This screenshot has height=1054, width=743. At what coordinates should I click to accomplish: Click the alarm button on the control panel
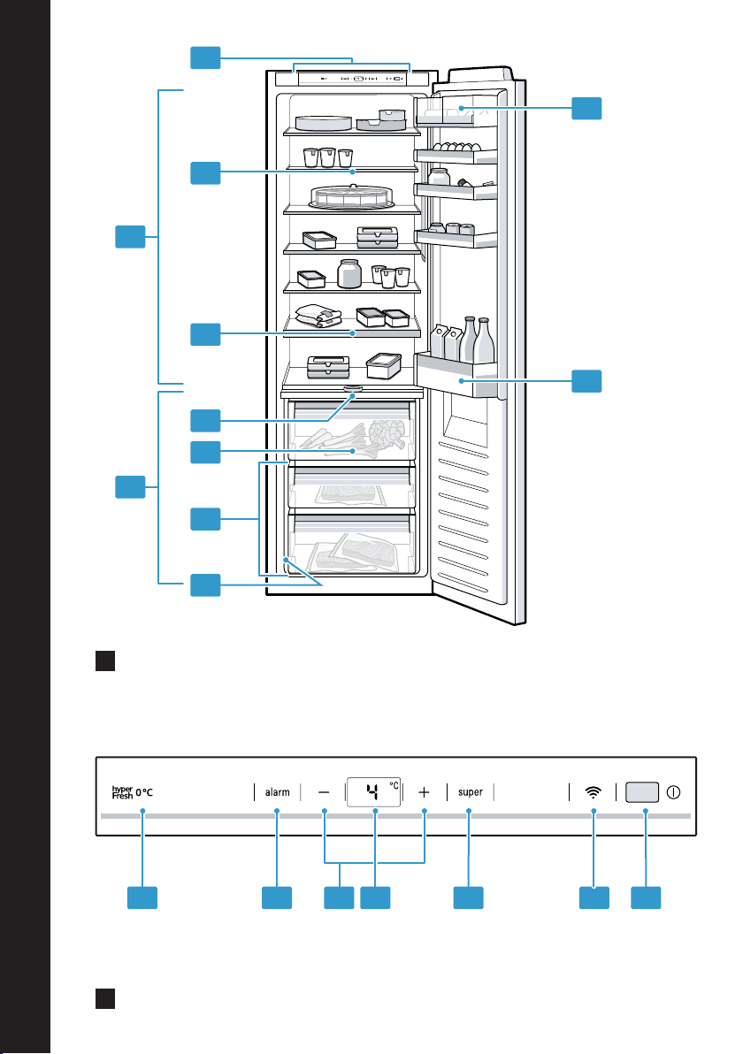click(x=277, y=792)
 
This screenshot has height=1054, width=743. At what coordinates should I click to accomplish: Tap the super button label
click(x=470, y=792)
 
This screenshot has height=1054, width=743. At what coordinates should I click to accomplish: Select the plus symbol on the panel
click(x=424, y=792)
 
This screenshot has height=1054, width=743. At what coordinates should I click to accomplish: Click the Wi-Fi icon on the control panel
click(x=593, y=792)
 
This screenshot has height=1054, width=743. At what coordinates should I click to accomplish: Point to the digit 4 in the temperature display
click(x=373, y=792)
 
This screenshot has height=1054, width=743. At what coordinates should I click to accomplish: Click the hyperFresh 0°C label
click(x=133, y=792)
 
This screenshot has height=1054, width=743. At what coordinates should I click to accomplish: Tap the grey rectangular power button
click(x=642, y=792)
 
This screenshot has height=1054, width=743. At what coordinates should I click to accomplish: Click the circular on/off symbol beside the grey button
click(x=673, y=792)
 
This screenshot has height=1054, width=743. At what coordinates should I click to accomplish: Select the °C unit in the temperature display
click(x=394, y=785)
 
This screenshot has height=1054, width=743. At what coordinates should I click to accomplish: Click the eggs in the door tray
click(x=456, y=147)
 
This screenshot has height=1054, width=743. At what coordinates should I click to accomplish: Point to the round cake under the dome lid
click(x=351, y=197)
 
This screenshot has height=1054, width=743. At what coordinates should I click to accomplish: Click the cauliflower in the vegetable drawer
click(x=387, y=433)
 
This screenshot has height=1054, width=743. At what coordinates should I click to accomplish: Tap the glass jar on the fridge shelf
click(x=349, y=273)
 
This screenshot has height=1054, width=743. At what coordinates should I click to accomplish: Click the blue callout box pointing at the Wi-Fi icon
click(x=594, y=897)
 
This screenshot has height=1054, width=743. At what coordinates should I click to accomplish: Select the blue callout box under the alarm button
click(x=277, y=897)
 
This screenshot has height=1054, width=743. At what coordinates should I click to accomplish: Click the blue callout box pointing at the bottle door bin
click(x=586, y=381)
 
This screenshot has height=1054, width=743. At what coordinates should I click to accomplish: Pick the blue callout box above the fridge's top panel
click(x=205, y=57)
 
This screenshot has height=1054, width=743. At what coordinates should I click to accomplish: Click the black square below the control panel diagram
click(x=105, y=998)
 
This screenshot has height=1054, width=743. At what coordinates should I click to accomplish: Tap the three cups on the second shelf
click(x=327, y=157)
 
